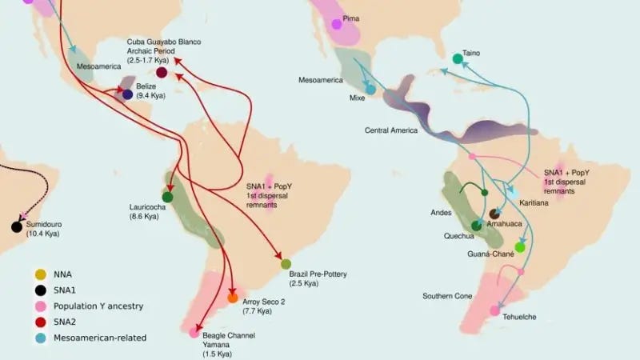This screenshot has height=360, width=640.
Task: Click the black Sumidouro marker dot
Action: coord(17,226)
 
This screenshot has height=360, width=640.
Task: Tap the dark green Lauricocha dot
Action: coord(168,197)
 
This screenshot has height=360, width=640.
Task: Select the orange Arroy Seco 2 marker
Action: coord(233,298)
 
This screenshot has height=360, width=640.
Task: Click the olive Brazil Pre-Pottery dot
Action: coord(286,264)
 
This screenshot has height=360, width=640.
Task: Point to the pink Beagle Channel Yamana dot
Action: coord(194,333)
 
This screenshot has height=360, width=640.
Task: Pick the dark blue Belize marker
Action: coord(127,94)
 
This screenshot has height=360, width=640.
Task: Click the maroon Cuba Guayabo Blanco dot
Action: coord(162,73)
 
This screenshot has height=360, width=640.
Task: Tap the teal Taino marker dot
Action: coord(457,58)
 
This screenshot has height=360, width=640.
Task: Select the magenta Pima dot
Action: coord(337,24)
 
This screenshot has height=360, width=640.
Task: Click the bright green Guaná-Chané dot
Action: coord(520,247)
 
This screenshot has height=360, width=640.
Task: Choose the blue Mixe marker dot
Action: coord(371,90)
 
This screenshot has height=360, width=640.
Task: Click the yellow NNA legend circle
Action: coord(39,274)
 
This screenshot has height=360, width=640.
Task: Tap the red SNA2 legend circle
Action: coord(39,322)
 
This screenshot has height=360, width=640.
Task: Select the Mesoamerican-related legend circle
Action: coord(39,338)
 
